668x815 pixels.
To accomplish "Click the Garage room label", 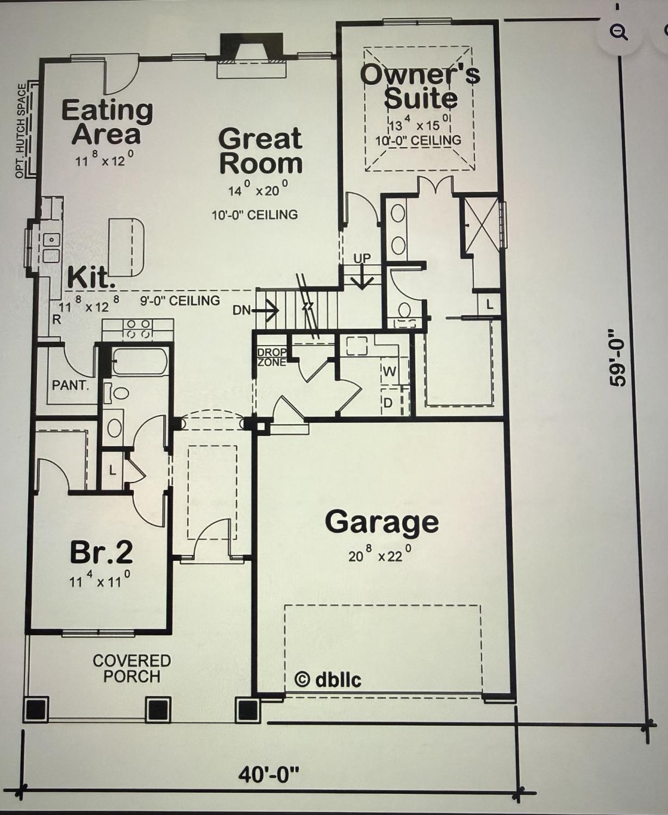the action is tap(382, 523).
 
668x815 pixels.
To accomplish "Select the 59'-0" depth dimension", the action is tap(617, 357).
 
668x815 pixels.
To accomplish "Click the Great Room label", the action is tap(260, 151).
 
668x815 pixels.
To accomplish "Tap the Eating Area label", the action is tap(107, 122).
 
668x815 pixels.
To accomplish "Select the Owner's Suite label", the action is tap(421, 86).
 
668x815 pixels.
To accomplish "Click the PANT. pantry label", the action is tap(70, 385).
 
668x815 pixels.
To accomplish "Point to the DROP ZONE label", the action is tap(272, 358).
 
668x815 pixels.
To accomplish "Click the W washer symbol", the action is tap(389, 372).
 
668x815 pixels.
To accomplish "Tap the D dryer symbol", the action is tap(388, 403).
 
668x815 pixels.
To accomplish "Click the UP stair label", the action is tap(362, 258).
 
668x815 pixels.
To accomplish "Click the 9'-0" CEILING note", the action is tap(180, 300).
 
